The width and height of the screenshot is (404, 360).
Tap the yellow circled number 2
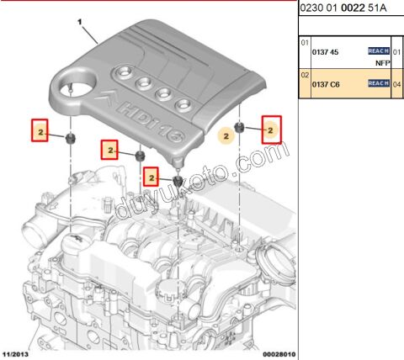click(x=223, y=133)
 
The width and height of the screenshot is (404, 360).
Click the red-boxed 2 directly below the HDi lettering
click(x=151, y=177)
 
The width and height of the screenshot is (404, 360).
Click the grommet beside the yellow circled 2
click(x=239, y=127)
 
